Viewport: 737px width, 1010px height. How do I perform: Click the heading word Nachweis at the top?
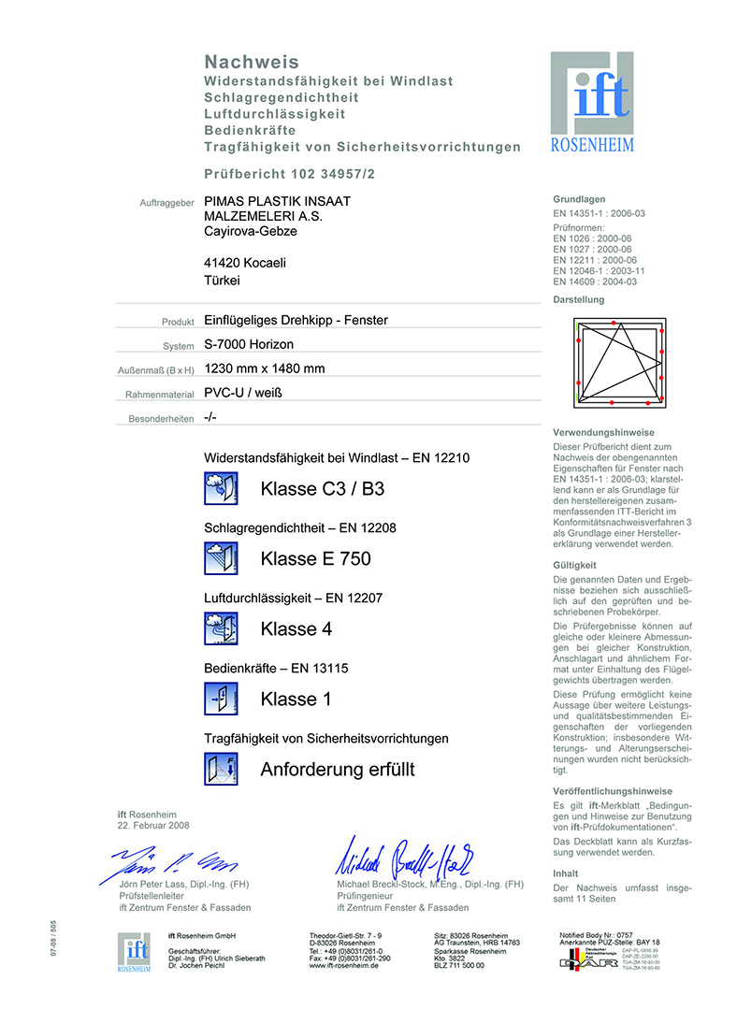(252, 62)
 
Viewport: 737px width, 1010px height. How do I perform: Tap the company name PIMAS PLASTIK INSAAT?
(278, 201)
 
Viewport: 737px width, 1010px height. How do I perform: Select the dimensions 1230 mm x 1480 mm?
(265, 368)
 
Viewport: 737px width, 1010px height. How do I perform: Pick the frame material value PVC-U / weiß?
(243, 393)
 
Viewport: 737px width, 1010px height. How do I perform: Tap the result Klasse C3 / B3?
(323, 489)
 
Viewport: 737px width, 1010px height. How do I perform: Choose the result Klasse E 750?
(316, 559)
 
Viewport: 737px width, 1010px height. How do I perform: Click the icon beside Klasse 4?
(222, 628)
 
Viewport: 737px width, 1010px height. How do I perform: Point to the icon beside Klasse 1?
(222, 699)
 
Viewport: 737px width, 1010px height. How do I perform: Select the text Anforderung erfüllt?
(338, 770)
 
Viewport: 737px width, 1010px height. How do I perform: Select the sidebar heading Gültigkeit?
(574, 565)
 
